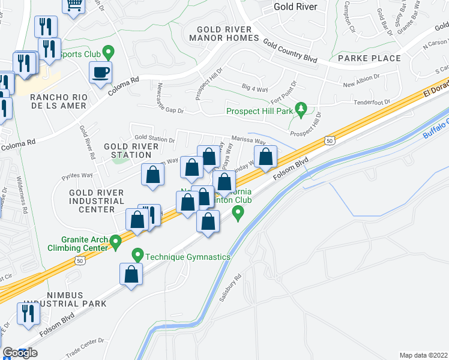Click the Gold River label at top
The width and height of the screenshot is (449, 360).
[295, 7]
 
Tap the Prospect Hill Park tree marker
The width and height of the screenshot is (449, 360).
[303, 110]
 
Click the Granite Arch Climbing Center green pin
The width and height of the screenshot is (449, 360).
[116, 242]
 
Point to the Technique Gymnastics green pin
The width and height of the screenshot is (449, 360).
[137, 255]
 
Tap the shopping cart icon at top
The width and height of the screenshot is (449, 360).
[74, 5]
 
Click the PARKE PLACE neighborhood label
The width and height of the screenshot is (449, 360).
[369, 58]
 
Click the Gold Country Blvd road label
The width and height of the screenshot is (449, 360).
[290, 49]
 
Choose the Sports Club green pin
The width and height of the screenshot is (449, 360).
[108, 52]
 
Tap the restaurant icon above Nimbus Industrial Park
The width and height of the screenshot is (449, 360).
[28, 313]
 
